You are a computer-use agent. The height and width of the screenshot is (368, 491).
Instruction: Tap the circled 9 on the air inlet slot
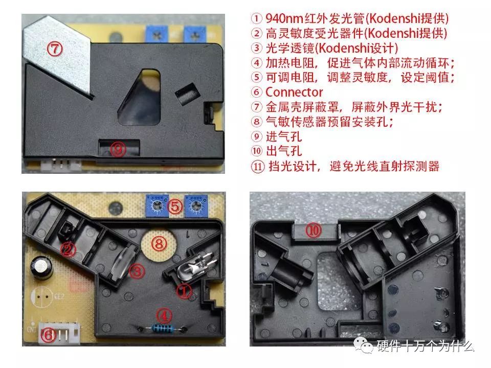pos(118,149)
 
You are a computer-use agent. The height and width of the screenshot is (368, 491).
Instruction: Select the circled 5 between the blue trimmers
pos(175,206)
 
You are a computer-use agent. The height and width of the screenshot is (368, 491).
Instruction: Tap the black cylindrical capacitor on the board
pos(40,266)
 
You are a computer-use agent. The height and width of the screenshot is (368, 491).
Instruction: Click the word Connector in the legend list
pos(294,92)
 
